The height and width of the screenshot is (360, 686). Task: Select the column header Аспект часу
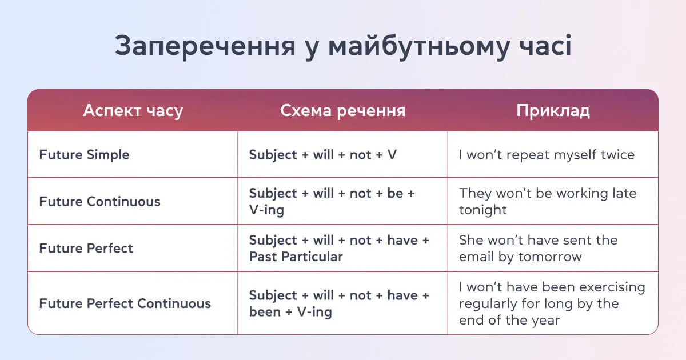133,110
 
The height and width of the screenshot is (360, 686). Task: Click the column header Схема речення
342,110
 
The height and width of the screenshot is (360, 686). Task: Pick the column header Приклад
553,110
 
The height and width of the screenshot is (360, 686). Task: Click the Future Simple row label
84,155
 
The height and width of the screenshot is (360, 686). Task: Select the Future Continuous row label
99,202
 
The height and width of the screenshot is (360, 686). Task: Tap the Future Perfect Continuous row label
125,303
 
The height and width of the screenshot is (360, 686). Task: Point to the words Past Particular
296,257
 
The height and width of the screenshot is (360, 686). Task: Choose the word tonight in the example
482,210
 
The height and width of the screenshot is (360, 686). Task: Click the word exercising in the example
611,287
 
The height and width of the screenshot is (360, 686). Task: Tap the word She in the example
472,240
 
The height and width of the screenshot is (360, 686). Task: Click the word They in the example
474,193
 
